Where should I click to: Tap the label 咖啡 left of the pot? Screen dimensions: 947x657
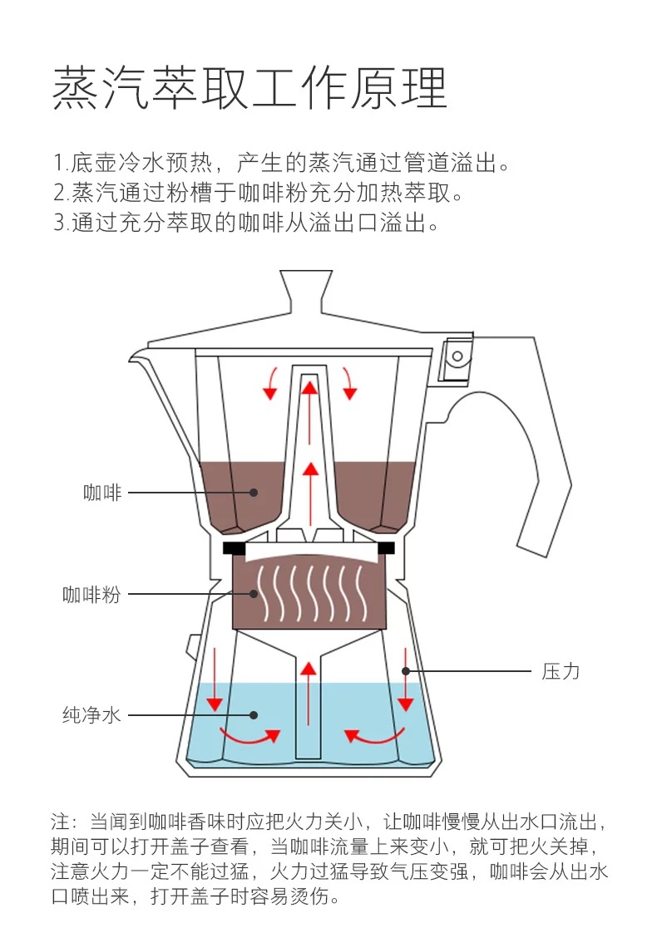[x=102, y=493]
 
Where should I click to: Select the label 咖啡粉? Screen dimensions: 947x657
[x=91, y=595]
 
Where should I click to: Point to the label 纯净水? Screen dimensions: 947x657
[x=91, y=714]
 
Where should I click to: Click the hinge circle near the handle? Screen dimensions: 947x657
[x=456, y=356]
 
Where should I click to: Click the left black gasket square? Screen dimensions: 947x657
[x=234, y=548]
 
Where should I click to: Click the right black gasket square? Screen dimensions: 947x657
[x=386, y=548]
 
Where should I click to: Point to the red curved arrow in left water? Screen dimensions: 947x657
[x=249, y=736]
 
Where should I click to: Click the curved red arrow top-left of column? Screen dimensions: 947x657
[x=269, y=382]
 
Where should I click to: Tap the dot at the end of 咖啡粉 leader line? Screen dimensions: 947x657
[x=255, y=594]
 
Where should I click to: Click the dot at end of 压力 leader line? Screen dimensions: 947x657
[x=406, y=670]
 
